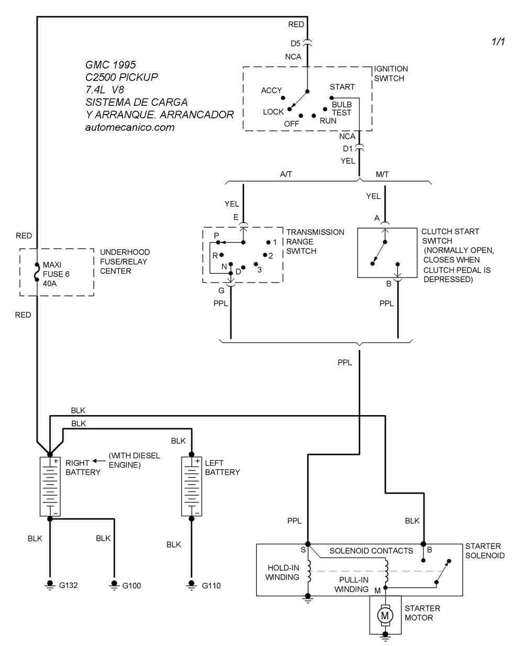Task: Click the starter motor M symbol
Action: pos(385,614)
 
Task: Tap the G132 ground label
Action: pos(68,585)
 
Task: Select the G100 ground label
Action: pos(132,585)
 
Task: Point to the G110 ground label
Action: pos(211,585)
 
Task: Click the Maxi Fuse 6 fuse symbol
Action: pos(37,273)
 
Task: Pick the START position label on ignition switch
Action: pos(342,87)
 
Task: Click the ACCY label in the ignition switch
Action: pos(271,91)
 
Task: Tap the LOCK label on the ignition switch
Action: pos(273,112)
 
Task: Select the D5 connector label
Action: pos(296,43)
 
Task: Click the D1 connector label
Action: pos(348,149)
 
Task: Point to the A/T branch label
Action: pos(286,174)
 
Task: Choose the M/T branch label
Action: pos(383,174)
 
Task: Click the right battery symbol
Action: pos(50,486)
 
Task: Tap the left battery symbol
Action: pos(192,486)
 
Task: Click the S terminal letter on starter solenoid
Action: pos(303,550)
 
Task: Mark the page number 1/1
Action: pos(498,42)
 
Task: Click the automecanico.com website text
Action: pos(129,127)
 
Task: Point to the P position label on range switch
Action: pos(216,236)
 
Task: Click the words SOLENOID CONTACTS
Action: pos(371,551)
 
